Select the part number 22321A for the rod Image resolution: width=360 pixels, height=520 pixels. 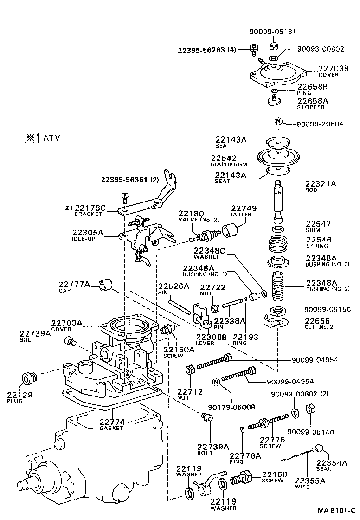320,184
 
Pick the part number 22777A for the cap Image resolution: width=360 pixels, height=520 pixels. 74,284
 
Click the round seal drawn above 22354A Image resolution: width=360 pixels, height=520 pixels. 319,448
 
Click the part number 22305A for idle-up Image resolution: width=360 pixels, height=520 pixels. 88,233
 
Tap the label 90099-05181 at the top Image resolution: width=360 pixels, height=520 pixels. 272,32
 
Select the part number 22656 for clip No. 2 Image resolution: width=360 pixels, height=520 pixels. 318,321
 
